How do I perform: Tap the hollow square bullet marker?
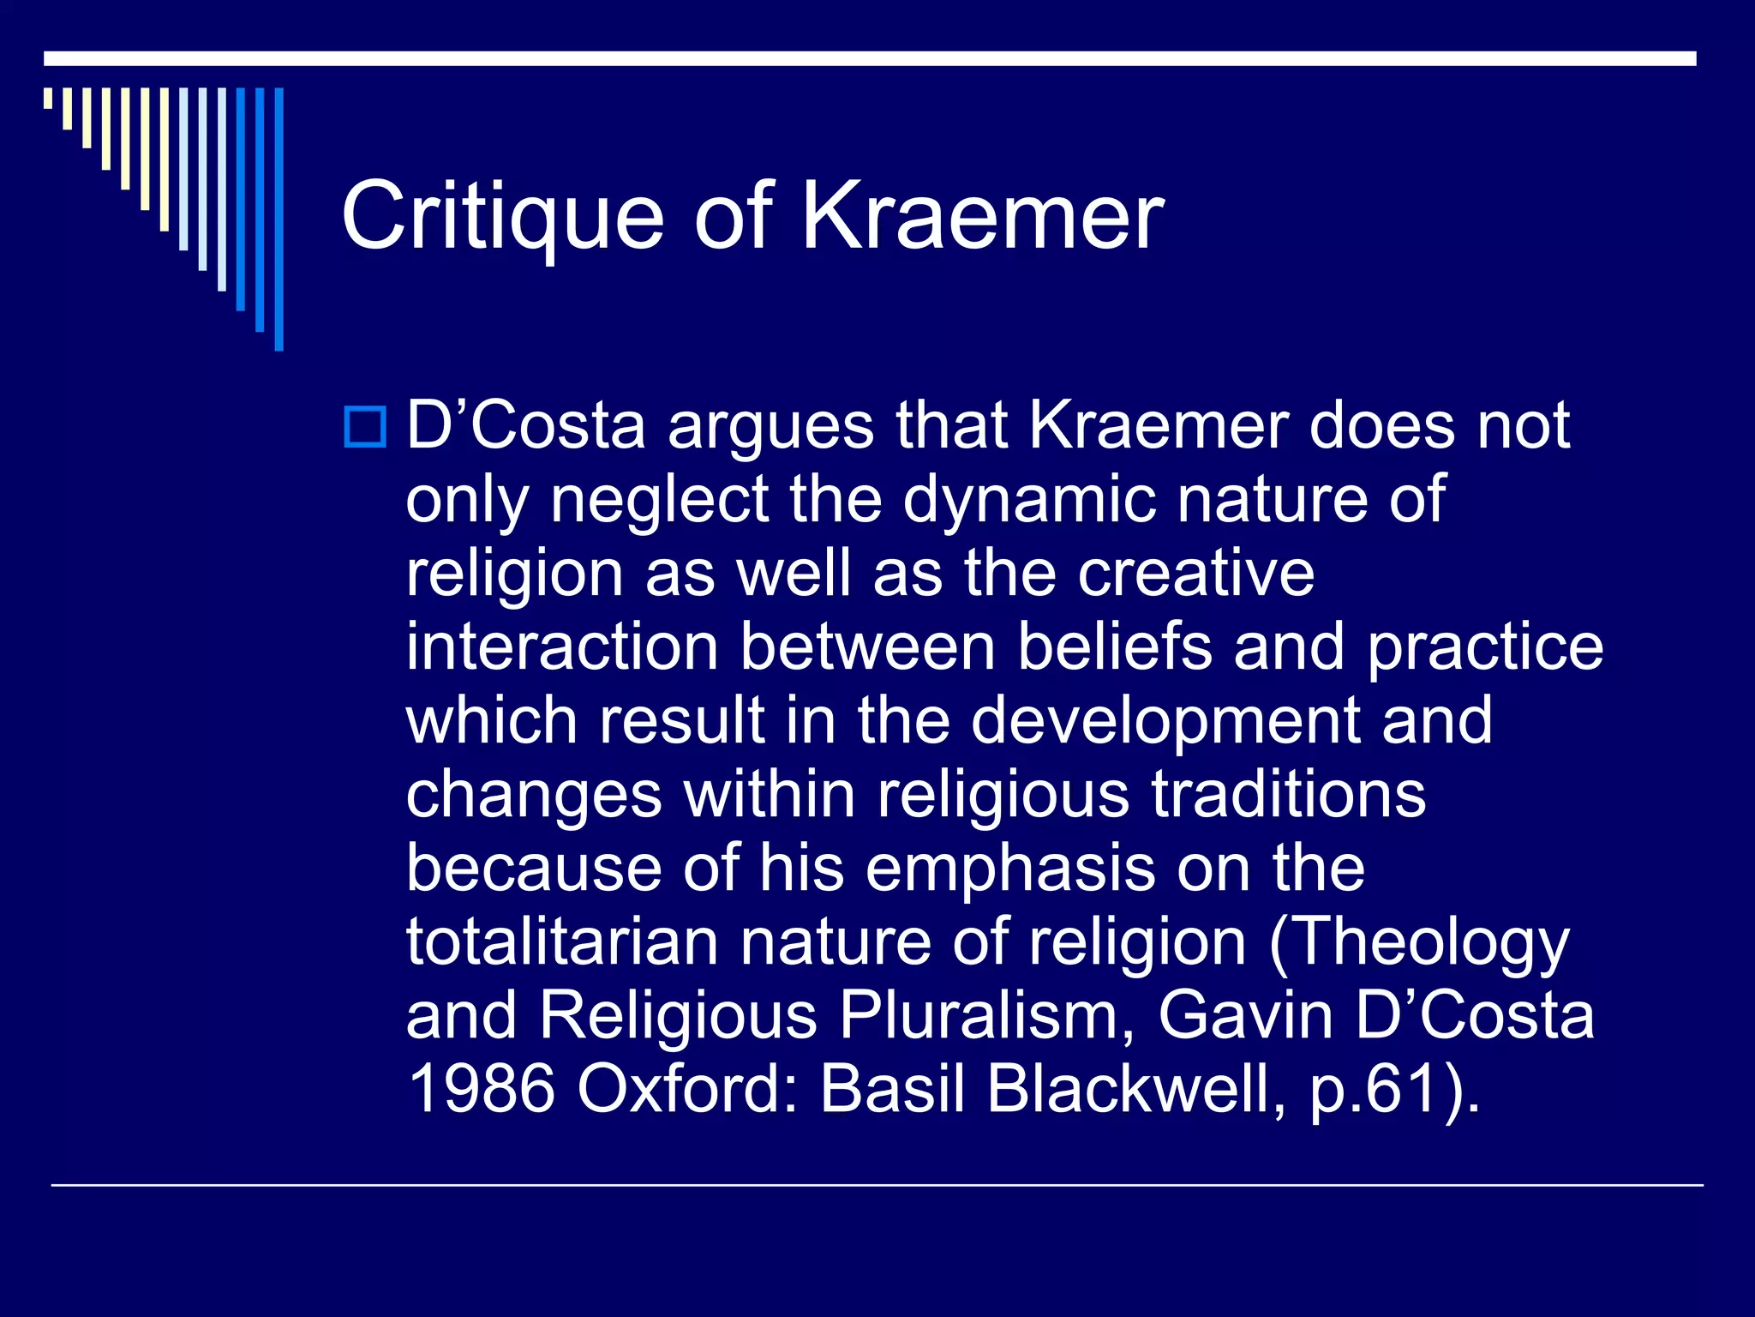pyautogui.click(x=365, y=426)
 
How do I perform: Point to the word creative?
pyautogui.click(x=1195, y=573)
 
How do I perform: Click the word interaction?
pyautogui.click(x=561, y=646)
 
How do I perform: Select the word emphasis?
pyautogui.click(x=1009, y=868)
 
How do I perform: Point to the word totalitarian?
pyautogui.click(x=561, y=941)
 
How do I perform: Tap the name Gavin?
pyautogui.click(x=1245, y=1015)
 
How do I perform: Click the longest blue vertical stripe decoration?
pyautogui.click(x=279, y=219)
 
